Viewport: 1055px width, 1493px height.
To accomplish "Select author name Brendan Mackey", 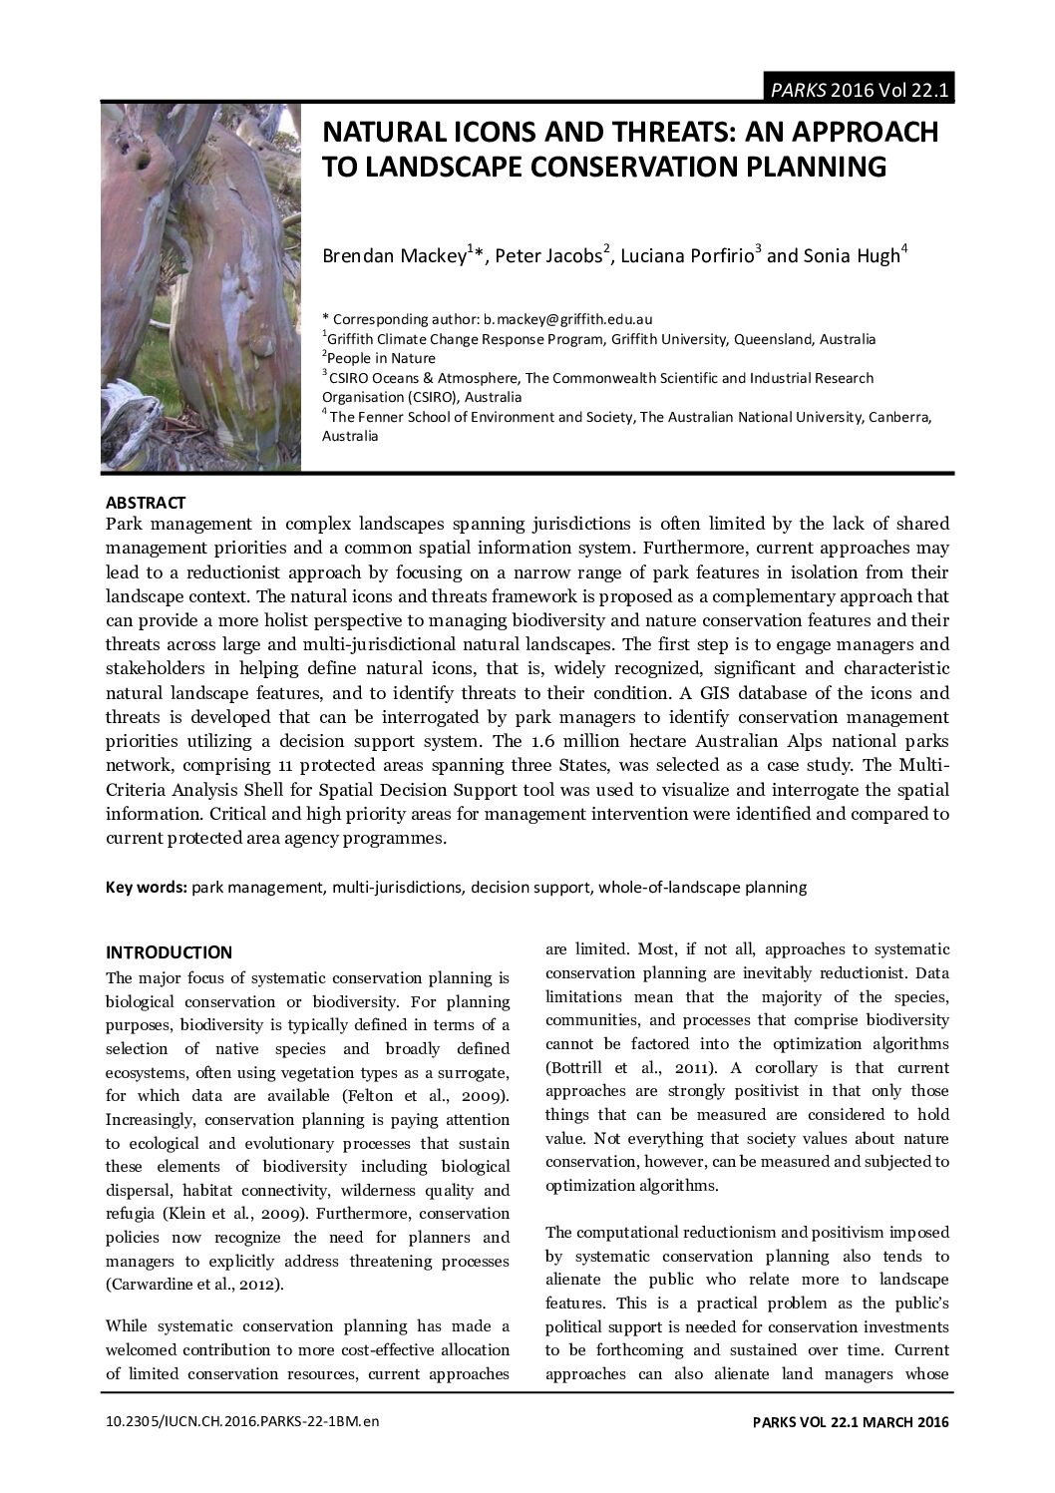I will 393,256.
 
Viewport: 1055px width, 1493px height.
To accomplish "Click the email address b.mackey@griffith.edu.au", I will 567,319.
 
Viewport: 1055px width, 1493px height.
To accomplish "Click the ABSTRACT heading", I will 146,503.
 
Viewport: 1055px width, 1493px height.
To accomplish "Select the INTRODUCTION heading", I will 169,951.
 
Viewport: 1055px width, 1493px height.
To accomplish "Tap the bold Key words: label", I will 147,887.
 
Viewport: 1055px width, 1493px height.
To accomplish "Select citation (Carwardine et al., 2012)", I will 194,1285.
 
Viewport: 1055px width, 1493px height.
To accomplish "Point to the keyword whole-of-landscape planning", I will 702,887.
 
